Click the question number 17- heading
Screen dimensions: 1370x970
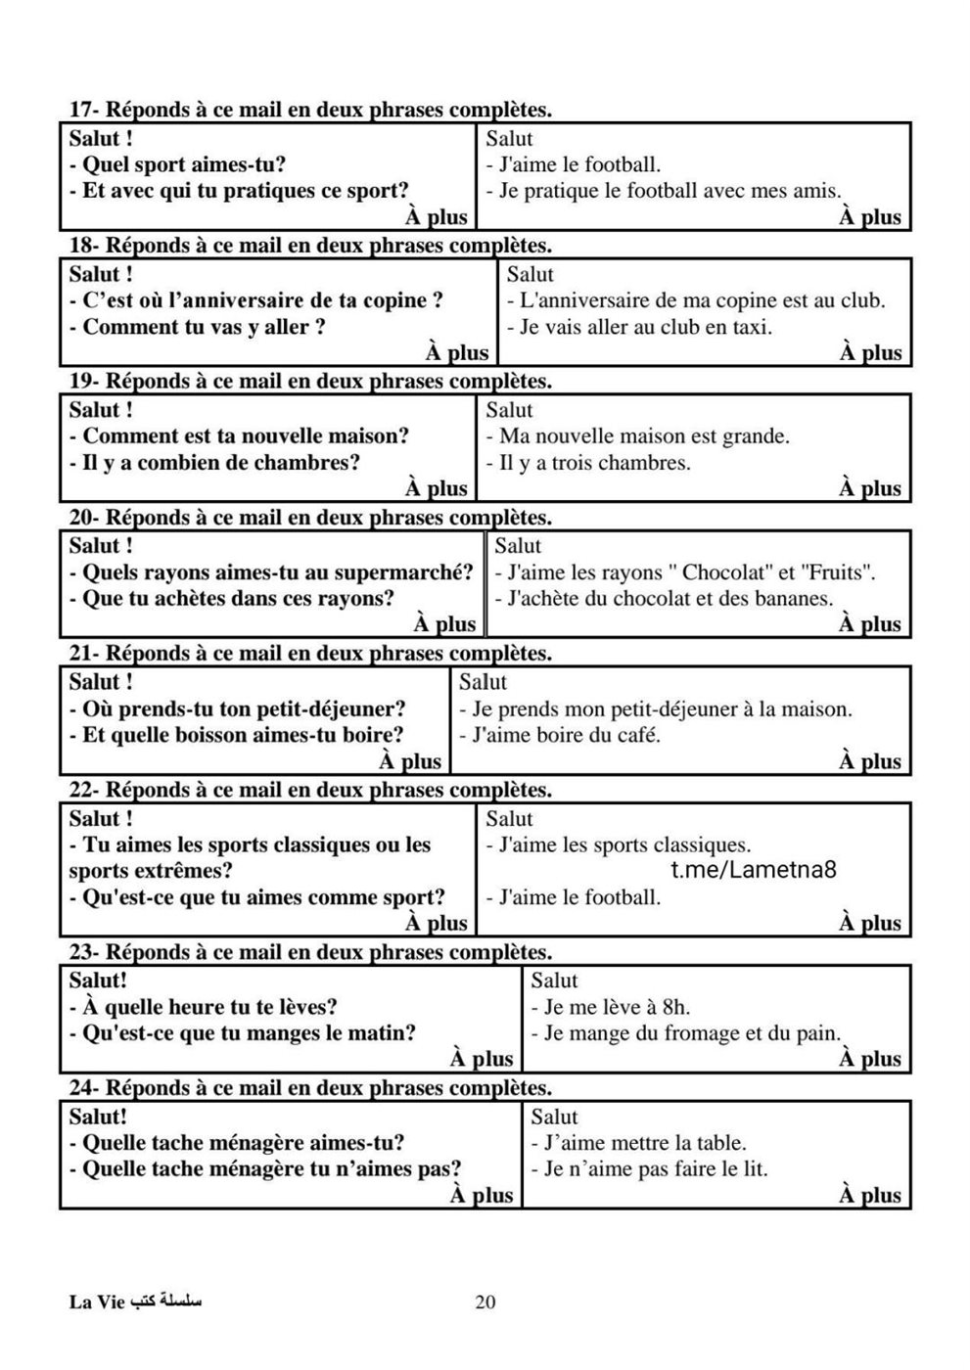click(x=83, y=110)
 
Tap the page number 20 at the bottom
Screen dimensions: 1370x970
click(x=485, y=1302)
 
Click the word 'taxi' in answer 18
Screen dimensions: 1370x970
click(x=752, y=327)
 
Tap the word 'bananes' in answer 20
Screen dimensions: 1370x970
click(x=795, y=598)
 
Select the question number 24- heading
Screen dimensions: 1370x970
click(x=83, y=1087)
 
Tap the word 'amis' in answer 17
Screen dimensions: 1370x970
click(x=815, y=192)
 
